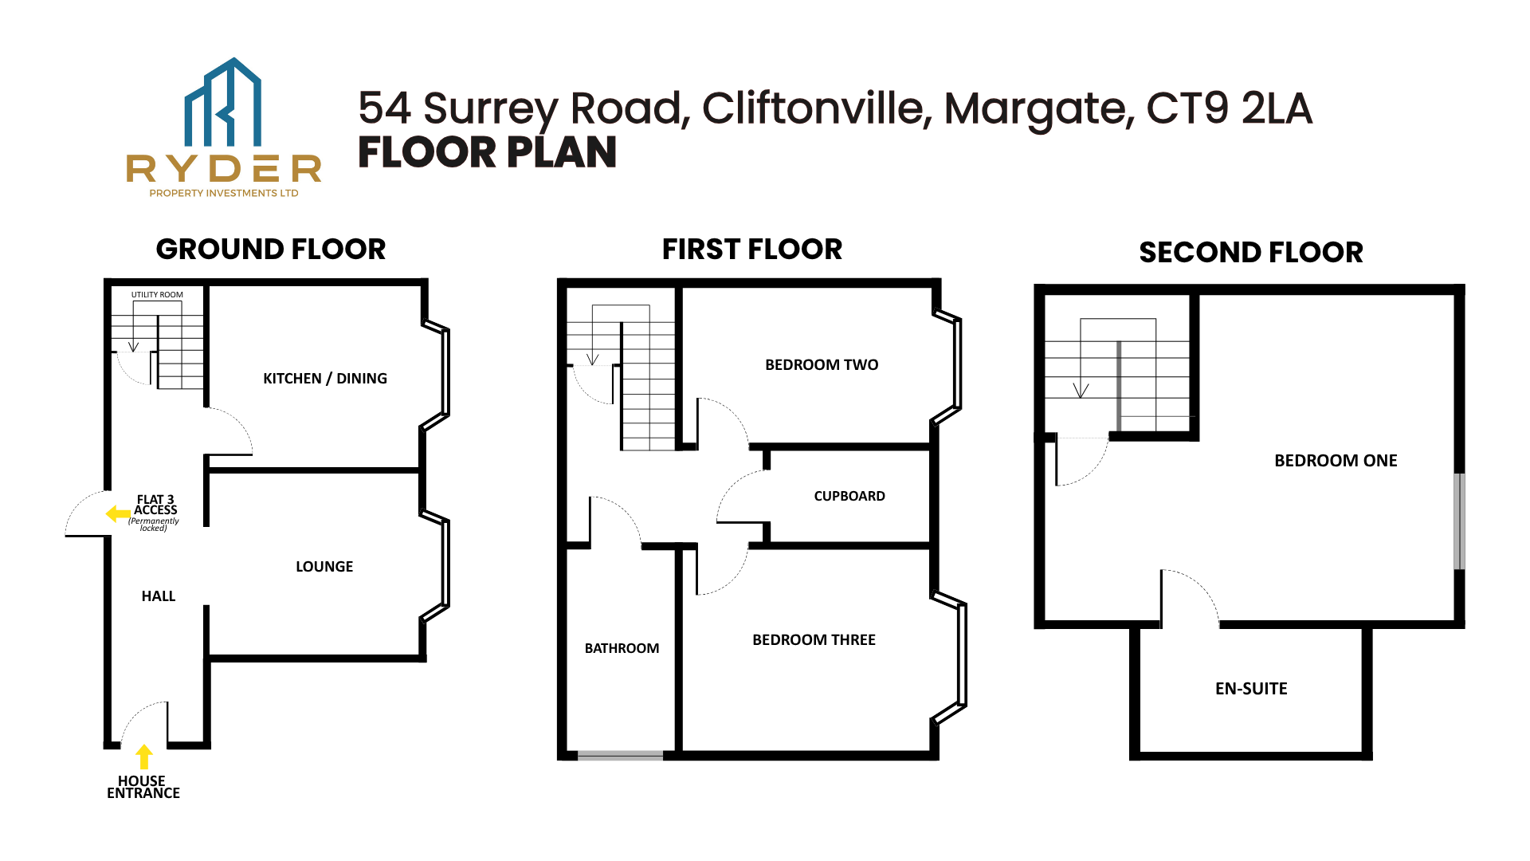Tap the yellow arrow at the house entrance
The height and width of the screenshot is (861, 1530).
[x=143, y=757]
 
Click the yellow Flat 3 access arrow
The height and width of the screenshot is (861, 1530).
[x=118, y=514]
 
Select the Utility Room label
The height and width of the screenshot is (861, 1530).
[x=157, y=295]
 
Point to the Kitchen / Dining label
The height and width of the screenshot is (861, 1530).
[x=325, y=379]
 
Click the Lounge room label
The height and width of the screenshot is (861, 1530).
[x=324, y=567]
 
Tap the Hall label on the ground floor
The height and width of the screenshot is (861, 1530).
[x=159, y=596]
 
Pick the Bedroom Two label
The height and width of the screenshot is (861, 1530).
[x=822, y=365]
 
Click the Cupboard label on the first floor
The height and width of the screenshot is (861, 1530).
[x=849, y=496]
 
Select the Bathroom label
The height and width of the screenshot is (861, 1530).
[x=622, y=649]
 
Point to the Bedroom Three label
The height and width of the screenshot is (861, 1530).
[x=814, y=640]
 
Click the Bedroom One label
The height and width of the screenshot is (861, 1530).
[x=1336, y=461]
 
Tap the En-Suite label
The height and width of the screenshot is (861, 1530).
[x=1251, y=689]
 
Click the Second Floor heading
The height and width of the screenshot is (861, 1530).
[x=1251, y=253]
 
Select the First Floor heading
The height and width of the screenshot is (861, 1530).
[x=752, y=250]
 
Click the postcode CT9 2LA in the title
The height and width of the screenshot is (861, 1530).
[x=1229, y=108]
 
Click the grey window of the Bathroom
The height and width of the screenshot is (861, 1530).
[x=620, y=756]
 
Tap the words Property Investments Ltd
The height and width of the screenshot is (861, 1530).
[x=224, y=193]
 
